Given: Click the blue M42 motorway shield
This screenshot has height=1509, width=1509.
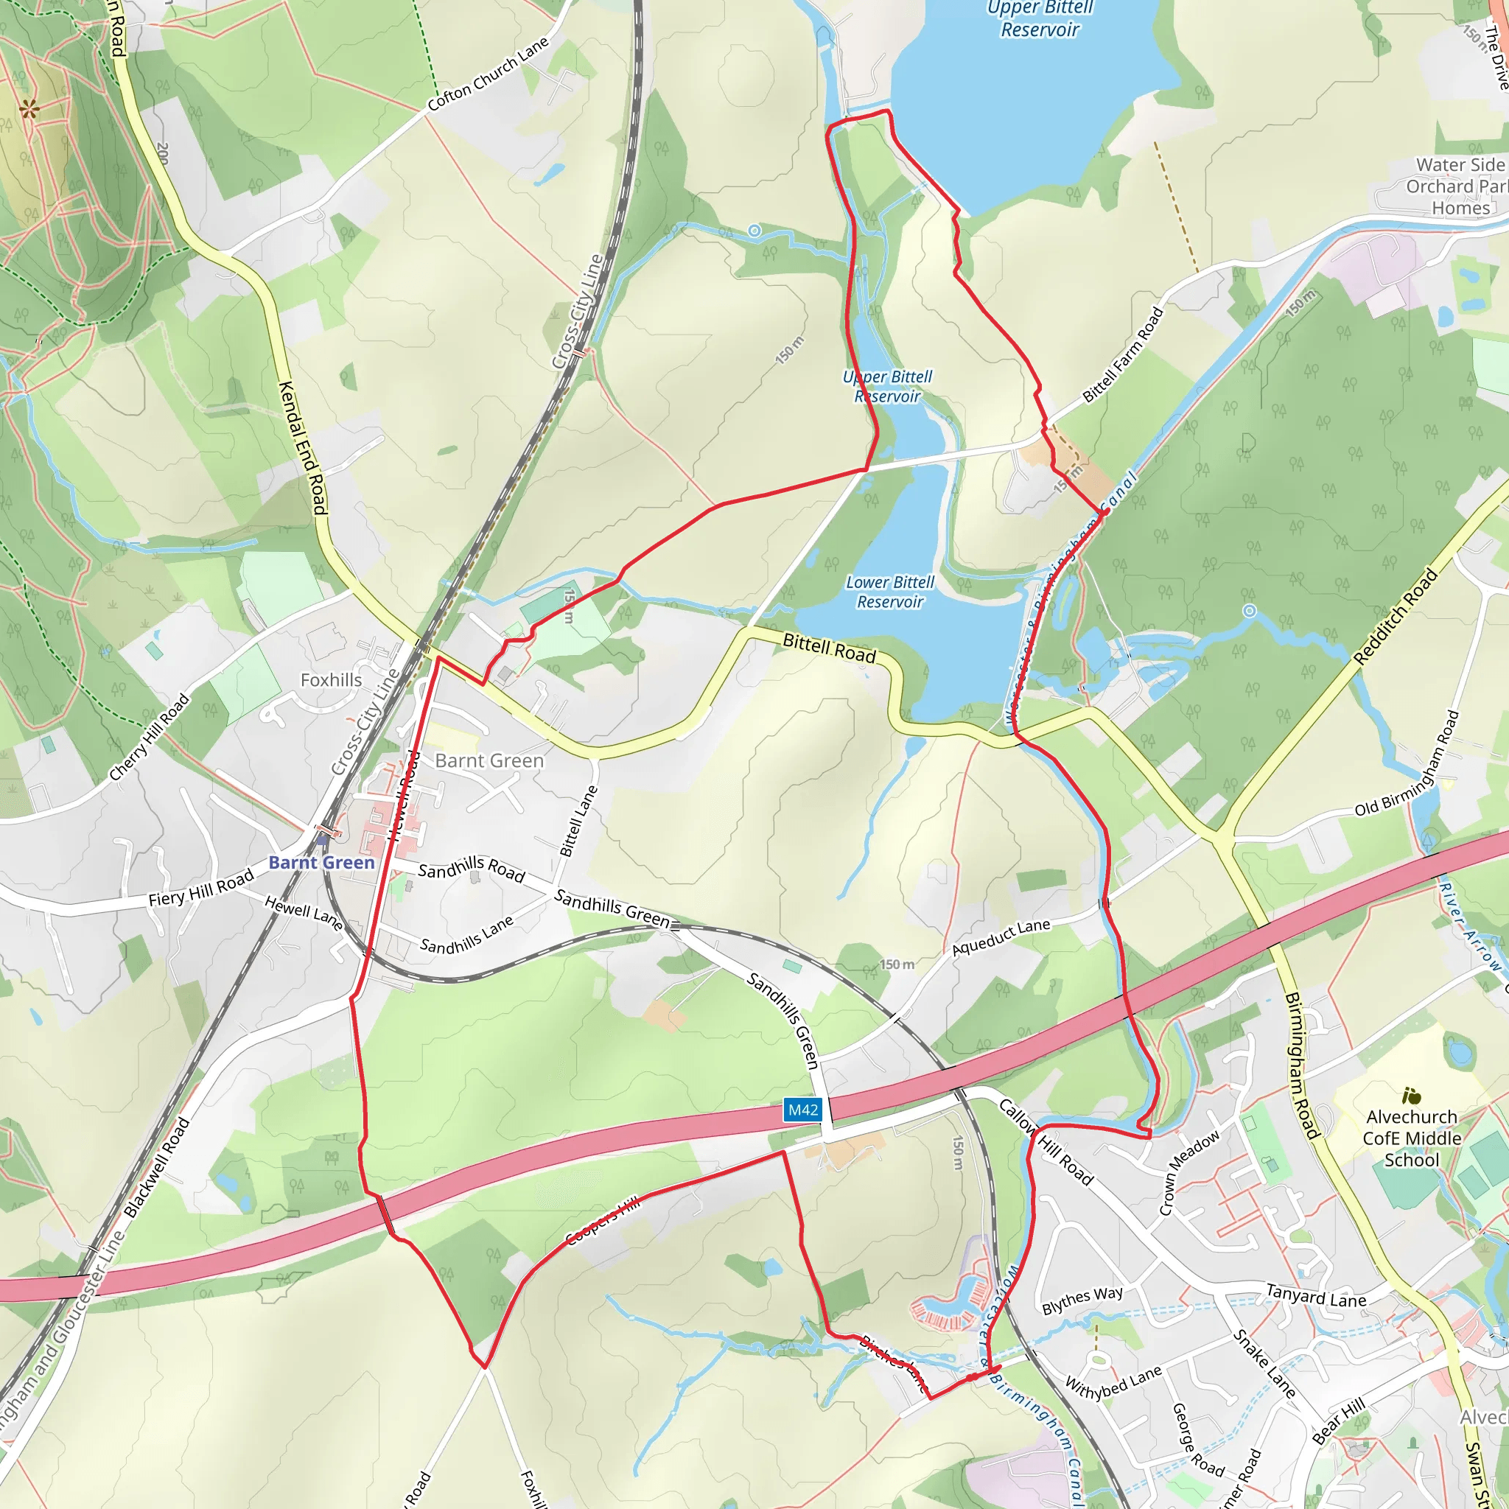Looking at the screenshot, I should (x=803, y=1110).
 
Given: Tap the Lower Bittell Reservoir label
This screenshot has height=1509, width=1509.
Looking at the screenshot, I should (x=889, y=592).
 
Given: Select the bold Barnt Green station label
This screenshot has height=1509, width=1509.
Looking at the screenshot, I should (x=321, y=862).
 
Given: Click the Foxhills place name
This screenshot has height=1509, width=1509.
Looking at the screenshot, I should (x=331, y=680).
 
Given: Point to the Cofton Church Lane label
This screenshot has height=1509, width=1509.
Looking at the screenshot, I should (x=489, y=74).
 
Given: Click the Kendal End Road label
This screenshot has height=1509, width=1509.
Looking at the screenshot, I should (x=302, y=447).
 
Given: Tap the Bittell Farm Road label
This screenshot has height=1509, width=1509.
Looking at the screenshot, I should (x=1122, y=354).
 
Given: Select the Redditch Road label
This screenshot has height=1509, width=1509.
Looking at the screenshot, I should (x=1395, y=617).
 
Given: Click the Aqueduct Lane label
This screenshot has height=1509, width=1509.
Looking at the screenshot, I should (x=1001, y=936).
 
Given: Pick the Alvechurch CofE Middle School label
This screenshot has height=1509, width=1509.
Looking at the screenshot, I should (x=1411, y=1138).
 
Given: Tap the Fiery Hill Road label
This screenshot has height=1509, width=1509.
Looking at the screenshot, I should (x=201, y=887).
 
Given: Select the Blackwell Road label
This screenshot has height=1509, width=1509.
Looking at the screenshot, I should (x=157, y=1168).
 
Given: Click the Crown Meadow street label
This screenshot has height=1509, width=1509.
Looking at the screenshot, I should (x=1188, y=1173).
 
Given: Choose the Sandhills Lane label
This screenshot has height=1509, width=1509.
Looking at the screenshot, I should (x=467, y=934).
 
